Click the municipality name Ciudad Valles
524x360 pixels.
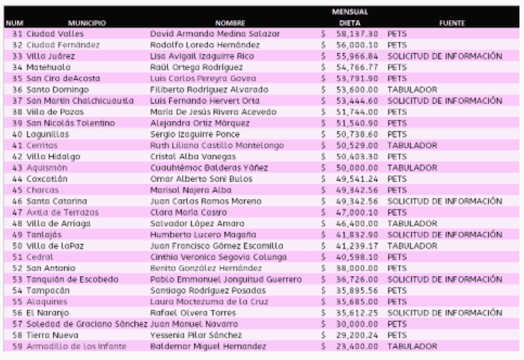(55, 34)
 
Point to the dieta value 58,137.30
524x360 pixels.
(358, 34)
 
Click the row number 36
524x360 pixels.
(18, 88)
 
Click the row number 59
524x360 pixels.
(18, 347)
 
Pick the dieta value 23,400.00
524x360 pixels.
(358, 347)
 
